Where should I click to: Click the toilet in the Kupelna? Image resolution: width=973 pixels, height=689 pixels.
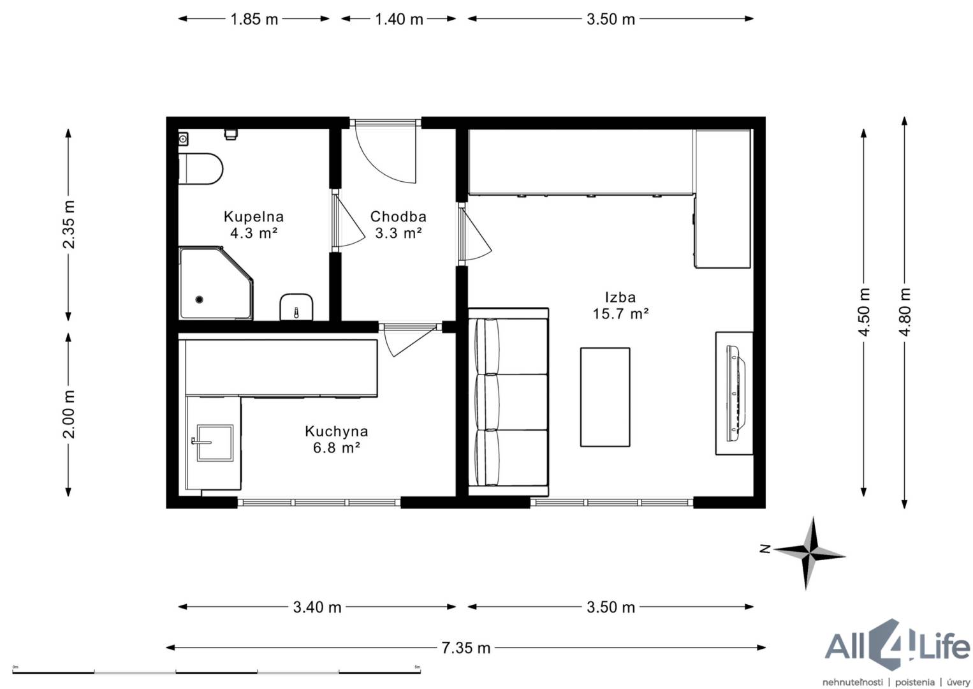coord(201,168)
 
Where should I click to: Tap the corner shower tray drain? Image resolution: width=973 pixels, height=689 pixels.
coord(200,299)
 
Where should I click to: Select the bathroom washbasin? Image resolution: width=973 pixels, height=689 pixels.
coord(296,307)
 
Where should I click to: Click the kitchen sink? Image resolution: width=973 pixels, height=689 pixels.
coord(215,443)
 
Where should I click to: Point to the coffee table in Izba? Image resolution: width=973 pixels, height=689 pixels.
coord(605,397)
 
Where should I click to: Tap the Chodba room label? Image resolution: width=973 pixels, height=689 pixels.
coord(399,216)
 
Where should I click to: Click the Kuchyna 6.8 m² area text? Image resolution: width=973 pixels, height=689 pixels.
coord(337,447)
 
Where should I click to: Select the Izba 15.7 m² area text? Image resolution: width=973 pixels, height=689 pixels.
coord(621,313)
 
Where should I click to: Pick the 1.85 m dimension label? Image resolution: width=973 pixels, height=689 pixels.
coord(254,19)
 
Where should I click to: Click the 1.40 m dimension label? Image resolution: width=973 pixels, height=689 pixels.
coord(399,19)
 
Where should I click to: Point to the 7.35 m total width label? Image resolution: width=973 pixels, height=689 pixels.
coord(466,648)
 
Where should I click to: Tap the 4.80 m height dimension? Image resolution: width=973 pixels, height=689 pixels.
coord(905,312)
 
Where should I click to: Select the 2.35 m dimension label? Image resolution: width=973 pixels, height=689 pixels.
coord(69,225)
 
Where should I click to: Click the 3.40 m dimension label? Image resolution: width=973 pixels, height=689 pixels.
coord(317,607)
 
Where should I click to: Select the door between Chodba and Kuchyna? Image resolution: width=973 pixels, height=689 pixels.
coord(411,339)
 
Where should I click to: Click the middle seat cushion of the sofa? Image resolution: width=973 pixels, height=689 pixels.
coord(512,401)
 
